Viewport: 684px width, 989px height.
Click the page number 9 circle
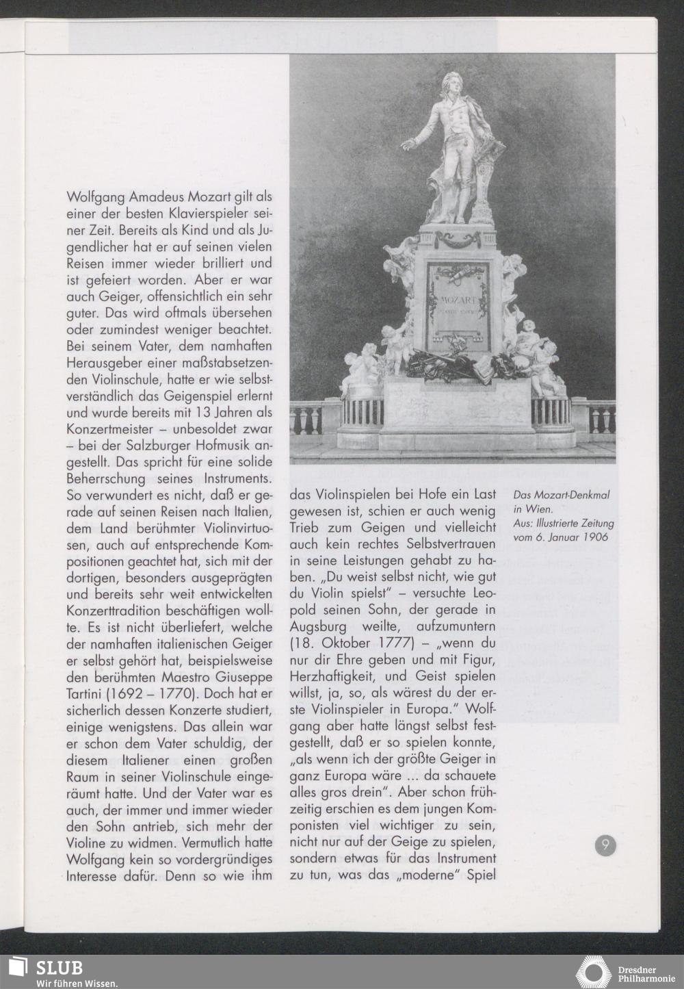[605, 846]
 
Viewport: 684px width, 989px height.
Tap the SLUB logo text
[60, 967]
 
